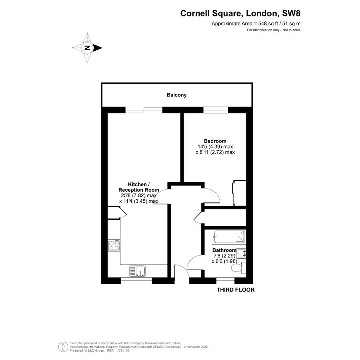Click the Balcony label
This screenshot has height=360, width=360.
tap(176, 95)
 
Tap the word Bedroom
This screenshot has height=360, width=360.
tap(215, 141)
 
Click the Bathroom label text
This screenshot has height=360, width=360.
tap(224, 250)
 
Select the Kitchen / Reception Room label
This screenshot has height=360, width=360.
tap(139, 187)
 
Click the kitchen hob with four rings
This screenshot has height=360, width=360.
tap(114, 245)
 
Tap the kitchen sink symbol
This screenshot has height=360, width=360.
tap(138, 271)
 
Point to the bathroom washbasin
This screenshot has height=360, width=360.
tap(241, 253)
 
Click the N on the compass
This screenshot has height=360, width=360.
tap(87, 48)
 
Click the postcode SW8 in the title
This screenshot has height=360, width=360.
tap(291, 13)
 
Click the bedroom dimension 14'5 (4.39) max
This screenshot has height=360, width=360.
tap(215, 147)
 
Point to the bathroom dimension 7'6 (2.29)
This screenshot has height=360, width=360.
tap(224, 256)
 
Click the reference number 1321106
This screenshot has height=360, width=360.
tap(123, 350)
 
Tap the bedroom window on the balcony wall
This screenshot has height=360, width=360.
tap(216, 110)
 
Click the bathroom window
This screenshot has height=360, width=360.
tap(226, 281)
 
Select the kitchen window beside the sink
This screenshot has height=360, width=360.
tap(136, 281)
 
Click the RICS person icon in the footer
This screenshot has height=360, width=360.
tap(63, 347)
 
